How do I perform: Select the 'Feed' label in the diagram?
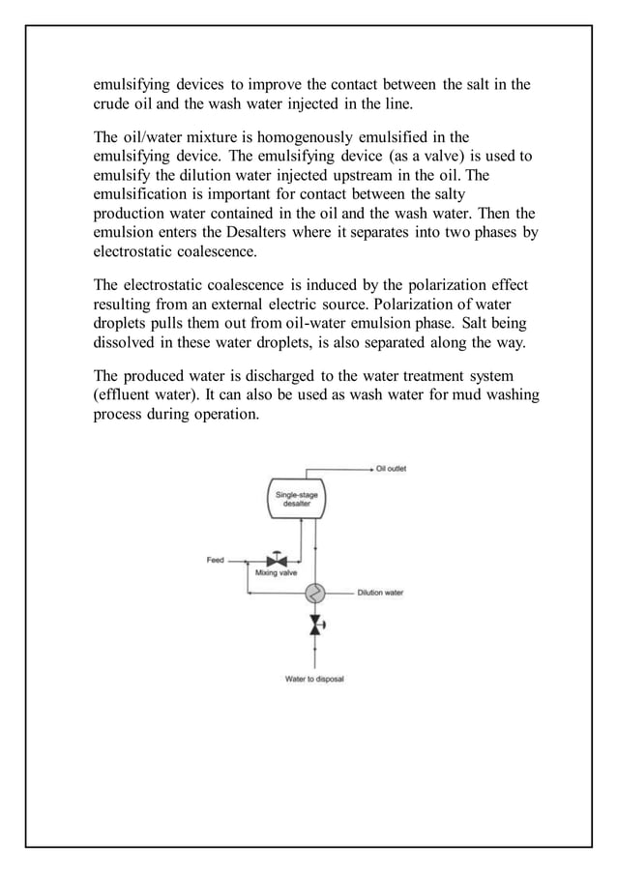[x=216, y=560]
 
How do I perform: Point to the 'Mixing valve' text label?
[x=275, y=573]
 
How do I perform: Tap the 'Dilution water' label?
[x=380, y=593]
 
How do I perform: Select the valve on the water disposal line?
[x=314, y=625]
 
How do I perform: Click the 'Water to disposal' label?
[x=313, y=678]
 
